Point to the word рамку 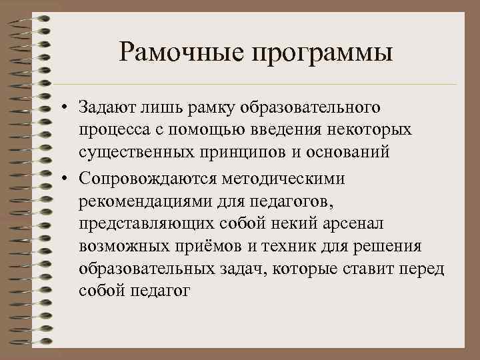click(x=203, y=108)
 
